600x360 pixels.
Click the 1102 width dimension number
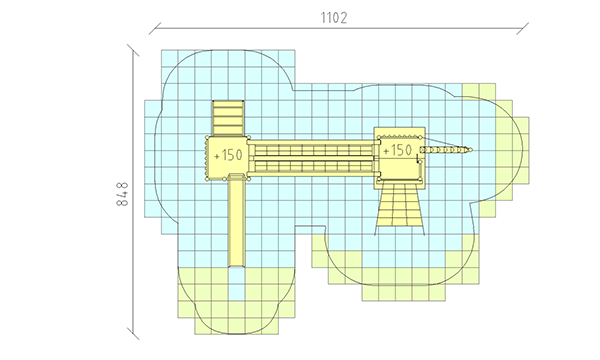(334, 18)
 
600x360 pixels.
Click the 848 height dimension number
(122, 194)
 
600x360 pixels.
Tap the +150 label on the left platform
(228, 155)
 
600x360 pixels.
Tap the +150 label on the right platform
(397, 150)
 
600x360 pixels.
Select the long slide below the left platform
(236, 220)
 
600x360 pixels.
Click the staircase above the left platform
(228, 118)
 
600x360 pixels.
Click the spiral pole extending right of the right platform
(446, 150)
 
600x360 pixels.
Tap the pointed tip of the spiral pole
(472, 150)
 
